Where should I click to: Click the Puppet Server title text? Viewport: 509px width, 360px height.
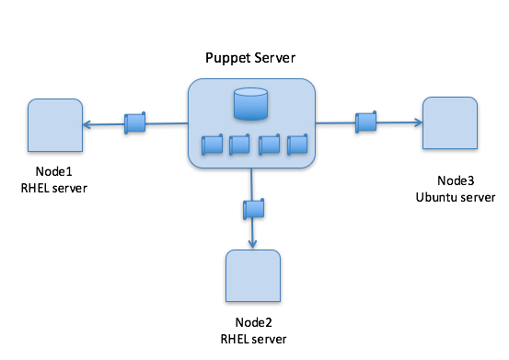point(250,59)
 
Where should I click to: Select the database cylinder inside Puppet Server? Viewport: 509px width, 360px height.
point(250,104)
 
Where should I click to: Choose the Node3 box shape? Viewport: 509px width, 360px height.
point(449,123)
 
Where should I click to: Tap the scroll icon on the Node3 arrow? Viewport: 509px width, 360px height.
point(365,120)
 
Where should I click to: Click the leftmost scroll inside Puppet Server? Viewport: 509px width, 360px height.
point(212,145)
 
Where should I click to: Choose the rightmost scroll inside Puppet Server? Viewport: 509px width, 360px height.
point(296,145)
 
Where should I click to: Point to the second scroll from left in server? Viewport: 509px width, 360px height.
point(239,145)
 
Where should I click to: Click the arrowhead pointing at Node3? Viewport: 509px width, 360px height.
point(416,122)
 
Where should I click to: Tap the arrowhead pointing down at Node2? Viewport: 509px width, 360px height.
point(253,244)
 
